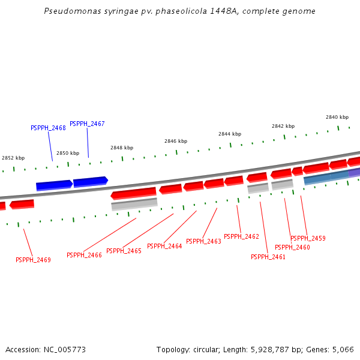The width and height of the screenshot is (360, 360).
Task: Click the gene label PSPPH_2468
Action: pos(48,128)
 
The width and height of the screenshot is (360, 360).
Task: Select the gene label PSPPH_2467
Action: pos(87,124)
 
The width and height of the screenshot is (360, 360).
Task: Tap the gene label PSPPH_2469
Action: pos(33,260)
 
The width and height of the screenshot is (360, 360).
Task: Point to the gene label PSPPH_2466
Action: pos(84,255)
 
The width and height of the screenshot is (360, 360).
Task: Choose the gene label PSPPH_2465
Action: pos(124,251)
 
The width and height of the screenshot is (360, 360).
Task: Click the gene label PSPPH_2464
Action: pos(164,246)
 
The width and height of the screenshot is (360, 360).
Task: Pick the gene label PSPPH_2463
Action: pos(203,241)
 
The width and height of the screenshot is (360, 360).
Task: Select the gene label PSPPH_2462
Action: pos(241,236)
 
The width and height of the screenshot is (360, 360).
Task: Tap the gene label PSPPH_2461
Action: pos(268,257)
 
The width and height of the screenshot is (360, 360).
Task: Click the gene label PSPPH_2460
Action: pos(292,247)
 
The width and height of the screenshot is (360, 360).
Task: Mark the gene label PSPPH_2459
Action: pos(308,238)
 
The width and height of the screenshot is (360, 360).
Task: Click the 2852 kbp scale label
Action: pos(13,158)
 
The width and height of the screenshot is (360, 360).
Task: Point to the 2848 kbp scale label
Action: pos(122,148)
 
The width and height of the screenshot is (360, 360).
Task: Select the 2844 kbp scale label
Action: pos(230,134)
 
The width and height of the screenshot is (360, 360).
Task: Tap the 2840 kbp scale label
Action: pos(337,117)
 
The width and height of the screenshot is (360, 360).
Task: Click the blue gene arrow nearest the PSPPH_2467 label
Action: pos(90,181)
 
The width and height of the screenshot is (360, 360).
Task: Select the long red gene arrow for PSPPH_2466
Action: pos(133,193)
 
